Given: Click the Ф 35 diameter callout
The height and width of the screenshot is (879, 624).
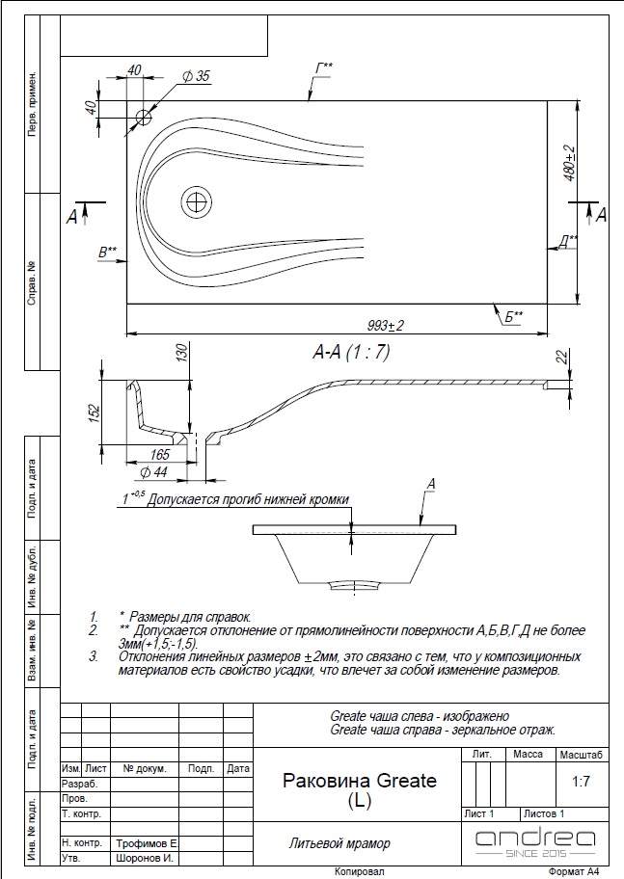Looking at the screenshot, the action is coord(196,76).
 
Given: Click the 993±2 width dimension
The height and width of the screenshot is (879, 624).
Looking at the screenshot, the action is coord(386,325).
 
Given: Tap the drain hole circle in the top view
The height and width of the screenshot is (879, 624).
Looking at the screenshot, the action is coord(197,201).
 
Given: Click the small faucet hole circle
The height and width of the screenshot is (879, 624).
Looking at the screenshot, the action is coord(144,118).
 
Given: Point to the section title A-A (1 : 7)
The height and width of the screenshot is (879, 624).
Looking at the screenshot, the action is coord(351,352).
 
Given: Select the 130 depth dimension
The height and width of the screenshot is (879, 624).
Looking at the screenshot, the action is coord(183,354).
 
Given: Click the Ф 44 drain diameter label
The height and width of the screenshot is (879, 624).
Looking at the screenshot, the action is coord(153,472).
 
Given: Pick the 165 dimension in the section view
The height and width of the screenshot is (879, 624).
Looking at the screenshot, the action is coord(159,455).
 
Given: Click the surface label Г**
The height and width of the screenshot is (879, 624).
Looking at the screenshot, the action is coord(324,67).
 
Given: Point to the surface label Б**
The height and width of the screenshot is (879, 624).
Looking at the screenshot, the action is coord(513,317).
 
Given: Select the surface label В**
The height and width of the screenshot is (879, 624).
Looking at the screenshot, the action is coord(108,253).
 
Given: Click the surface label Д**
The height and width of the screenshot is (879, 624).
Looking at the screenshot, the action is coord(568,241).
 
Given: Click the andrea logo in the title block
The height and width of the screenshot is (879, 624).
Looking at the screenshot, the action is coord(535,843).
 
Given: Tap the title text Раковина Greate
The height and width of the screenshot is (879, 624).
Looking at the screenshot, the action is coord(360,781).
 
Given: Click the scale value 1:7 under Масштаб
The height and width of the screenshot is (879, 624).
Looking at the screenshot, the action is coord(582,781).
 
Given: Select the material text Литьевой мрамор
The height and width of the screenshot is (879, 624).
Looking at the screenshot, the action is coord(339,843).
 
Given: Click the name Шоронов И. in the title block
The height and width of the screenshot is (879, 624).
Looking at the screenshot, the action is coord(145,858).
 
